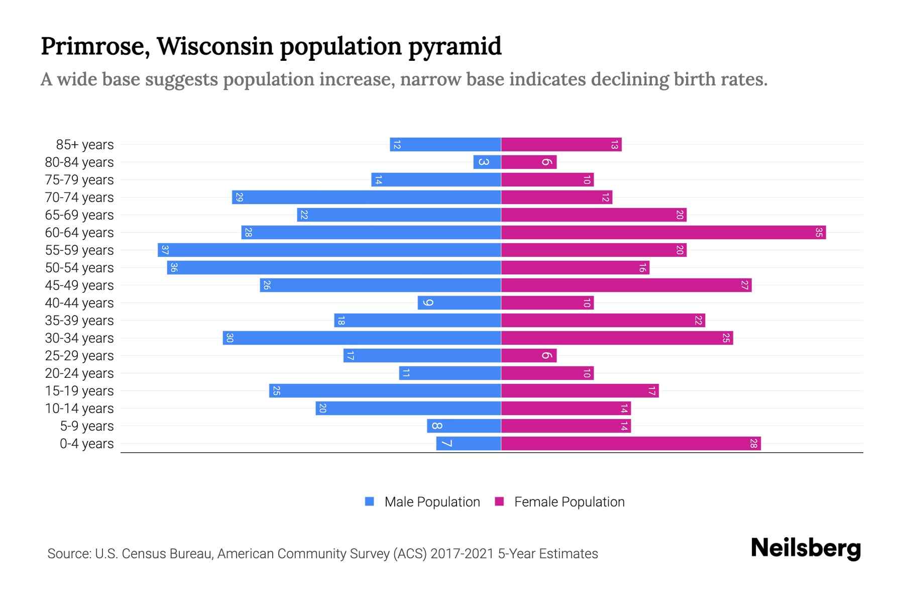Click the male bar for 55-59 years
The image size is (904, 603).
coord(329,250)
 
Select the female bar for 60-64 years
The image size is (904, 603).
coord(663,232)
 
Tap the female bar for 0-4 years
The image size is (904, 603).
coord(630,443)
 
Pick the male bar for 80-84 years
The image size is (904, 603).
coord(487,162)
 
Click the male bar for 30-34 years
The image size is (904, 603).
coord(362,338)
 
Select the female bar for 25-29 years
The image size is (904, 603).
coord(528,355)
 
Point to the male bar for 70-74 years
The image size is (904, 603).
coord(367,197)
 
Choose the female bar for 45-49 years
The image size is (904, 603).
coord(626,285)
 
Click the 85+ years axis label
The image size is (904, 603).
coord(84,145)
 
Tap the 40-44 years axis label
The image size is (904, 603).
coord(79,303)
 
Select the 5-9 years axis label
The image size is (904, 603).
coord(86,426)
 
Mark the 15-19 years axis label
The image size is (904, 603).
coord(79,391)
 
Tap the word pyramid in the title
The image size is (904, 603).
coord(455,46)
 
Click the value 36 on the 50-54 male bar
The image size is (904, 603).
coord(174,267)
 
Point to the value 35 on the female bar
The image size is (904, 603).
coord(819,232)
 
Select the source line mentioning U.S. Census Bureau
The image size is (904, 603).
coord(322,553)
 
